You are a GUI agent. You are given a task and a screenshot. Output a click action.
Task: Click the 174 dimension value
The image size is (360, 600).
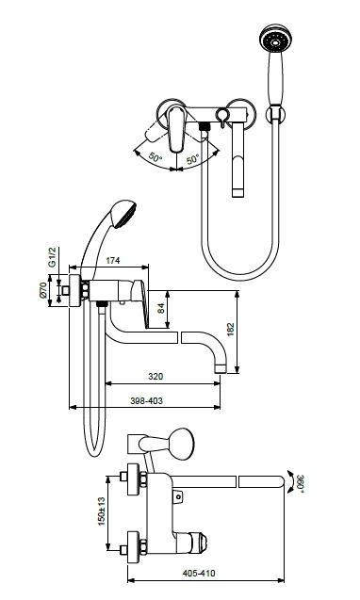point(112,261)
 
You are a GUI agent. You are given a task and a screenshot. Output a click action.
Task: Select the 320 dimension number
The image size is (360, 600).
point(155,377)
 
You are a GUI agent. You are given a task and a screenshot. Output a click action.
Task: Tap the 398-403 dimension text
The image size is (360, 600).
point(146,400)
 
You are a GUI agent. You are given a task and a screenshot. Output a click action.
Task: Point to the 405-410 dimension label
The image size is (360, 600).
point(199,574)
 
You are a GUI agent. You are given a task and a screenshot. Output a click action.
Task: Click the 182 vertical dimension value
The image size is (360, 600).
point(230,330)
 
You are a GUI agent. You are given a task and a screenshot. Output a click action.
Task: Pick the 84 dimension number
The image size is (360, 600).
point(161,308)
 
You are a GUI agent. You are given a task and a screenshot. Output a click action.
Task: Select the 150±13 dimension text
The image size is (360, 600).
point(101,511)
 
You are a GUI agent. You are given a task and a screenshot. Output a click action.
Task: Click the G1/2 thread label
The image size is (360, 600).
point(52,257)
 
